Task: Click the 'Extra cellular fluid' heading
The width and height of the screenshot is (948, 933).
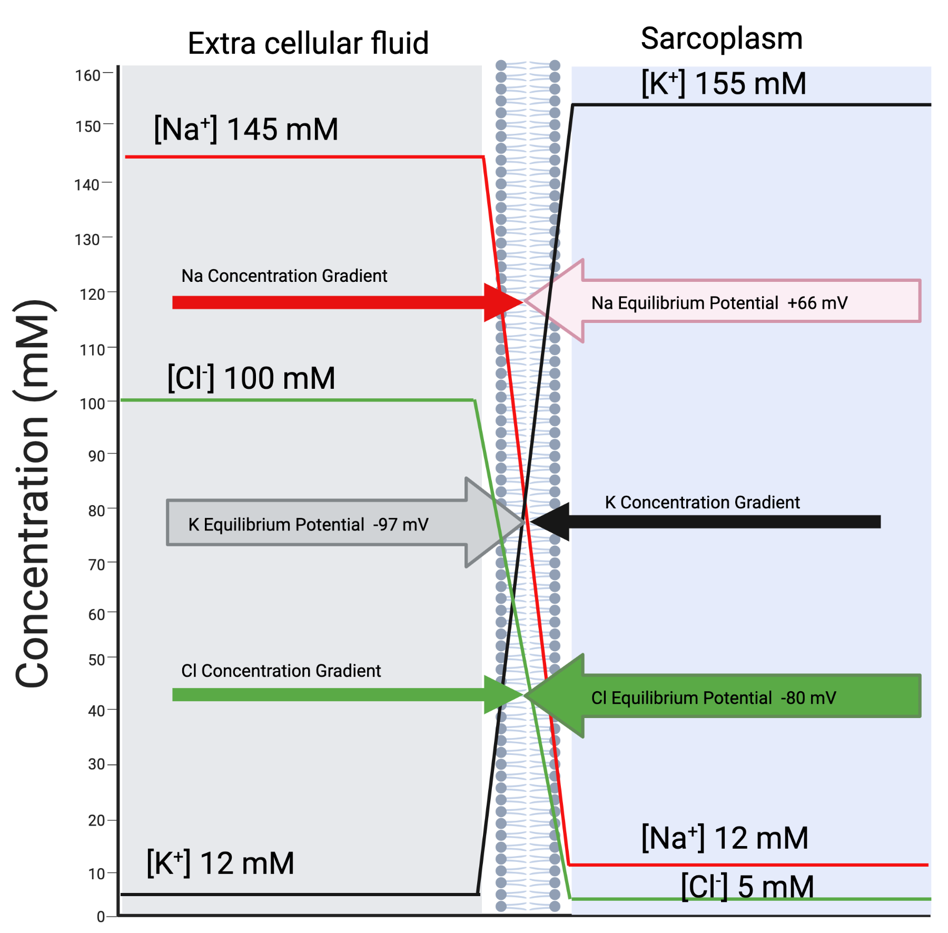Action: pyautogui.click(x=308, y=43)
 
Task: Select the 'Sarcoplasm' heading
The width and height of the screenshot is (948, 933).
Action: pyautogui.click(x=722, y=39)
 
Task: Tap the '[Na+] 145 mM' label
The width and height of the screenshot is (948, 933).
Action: pyautogui.click(x=246, y=129)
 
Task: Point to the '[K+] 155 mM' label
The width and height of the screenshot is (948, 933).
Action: pyautogui.click(x=724, y=83)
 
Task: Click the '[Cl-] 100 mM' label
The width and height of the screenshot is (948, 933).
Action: pyautogui.click(x=251, y=378)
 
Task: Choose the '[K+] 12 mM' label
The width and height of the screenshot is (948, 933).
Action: pyautogui.click(x=220, y=863)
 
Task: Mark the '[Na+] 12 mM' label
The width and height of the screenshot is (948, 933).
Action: pyautogui.click(x=725, y=838)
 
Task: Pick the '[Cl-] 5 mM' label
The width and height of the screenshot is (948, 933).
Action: pyautogui.click(x=747, y=887)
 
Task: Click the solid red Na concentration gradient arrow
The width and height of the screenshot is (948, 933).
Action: pyautogui.click(x=348, y=302)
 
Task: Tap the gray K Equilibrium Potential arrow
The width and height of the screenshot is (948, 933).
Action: pyautogui.click(x=345, y=523)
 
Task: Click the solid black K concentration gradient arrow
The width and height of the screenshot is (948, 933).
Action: pyautogui.click(x=706, y=522)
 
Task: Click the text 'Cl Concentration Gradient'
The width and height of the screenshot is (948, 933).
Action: pyautogui.click(x=281, y=671)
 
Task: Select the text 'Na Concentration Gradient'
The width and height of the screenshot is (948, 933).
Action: pyautogui.click(x=284, y=276)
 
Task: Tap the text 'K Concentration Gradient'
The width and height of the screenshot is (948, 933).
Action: pyautogui.click(x=702, y=502)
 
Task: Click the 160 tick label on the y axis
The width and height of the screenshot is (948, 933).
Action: pyautogui.click(x=87, y=76)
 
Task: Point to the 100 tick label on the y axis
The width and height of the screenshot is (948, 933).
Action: pyautogui.click(x=92, y=404)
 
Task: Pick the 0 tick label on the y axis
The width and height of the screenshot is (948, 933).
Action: pyautogui.click(x=101, y=917)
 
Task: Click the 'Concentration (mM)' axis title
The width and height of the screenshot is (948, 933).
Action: pyautogui.click(x=33, y=494)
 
